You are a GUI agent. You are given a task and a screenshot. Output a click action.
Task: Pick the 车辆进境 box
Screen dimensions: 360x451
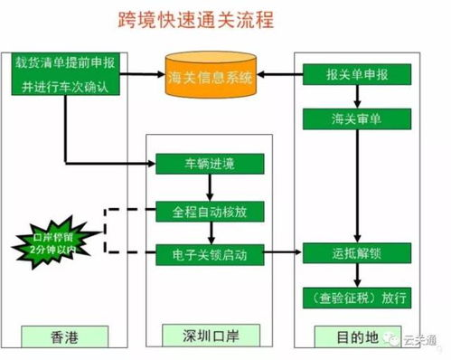tap(209, 165)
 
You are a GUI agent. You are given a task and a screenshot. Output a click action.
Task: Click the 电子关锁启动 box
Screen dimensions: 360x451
tap(209, 254)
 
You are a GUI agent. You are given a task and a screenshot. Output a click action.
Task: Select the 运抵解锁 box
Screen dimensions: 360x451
tap(349, 254)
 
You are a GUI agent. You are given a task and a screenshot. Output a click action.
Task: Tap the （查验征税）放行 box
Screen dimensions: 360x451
tap(349, 298)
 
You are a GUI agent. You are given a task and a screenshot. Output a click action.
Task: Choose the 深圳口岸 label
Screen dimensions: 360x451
tap(209, 336)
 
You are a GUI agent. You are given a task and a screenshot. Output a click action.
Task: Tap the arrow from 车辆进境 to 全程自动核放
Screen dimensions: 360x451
tap(210, 187)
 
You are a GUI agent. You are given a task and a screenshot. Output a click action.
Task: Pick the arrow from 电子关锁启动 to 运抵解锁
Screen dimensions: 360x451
tap(283, 255)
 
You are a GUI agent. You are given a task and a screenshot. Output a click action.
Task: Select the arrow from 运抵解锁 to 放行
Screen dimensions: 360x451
tap(349, 277)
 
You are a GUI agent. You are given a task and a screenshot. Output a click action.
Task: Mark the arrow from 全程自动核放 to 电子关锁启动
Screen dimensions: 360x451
tap(210, 232)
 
